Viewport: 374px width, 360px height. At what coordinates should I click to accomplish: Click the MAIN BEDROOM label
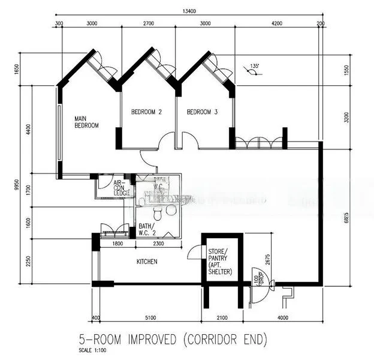pyautogui.click(x=86, y=122)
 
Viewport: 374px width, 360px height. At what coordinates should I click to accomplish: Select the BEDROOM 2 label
pyautogui.click(x=147, y=112)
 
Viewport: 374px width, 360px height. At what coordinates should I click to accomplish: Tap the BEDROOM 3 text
pyautogui.click(x=202, y=112)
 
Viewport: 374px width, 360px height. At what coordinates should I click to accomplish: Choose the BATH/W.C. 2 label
pyautogui.click(x=147, y=230)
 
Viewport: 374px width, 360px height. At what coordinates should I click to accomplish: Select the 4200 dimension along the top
pyautogui.click(x=276, y=23)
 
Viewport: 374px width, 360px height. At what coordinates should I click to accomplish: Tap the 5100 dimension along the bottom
pyautogui.click(x=150, y=317)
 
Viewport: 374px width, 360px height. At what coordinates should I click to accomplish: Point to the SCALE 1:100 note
pyautogui.click(x=93, y=350)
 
